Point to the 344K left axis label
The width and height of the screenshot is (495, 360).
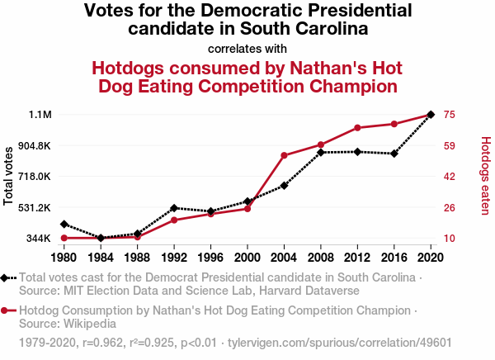point(40,239)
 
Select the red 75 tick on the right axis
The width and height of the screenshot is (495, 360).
point(450,115)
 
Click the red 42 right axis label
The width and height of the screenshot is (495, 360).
point(450,177)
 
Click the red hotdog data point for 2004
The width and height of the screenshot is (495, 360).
point(284,155)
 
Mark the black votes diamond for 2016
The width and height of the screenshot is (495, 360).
point(394,154)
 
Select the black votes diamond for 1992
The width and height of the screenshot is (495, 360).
point(174,208)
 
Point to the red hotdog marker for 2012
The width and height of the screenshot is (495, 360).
point(357,128)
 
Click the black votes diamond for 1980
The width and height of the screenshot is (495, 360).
point(64,224)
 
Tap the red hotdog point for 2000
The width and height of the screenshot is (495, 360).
point(247,208)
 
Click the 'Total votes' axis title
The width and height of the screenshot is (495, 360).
point(9,175)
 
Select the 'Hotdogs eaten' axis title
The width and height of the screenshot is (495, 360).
point(485,175)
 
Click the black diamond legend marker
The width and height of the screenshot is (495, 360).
point(6,278)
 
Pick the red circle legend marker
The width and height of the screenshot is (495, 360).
point(6,311)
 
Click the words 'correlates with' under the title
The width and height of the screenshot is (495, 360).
point(247,48)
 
